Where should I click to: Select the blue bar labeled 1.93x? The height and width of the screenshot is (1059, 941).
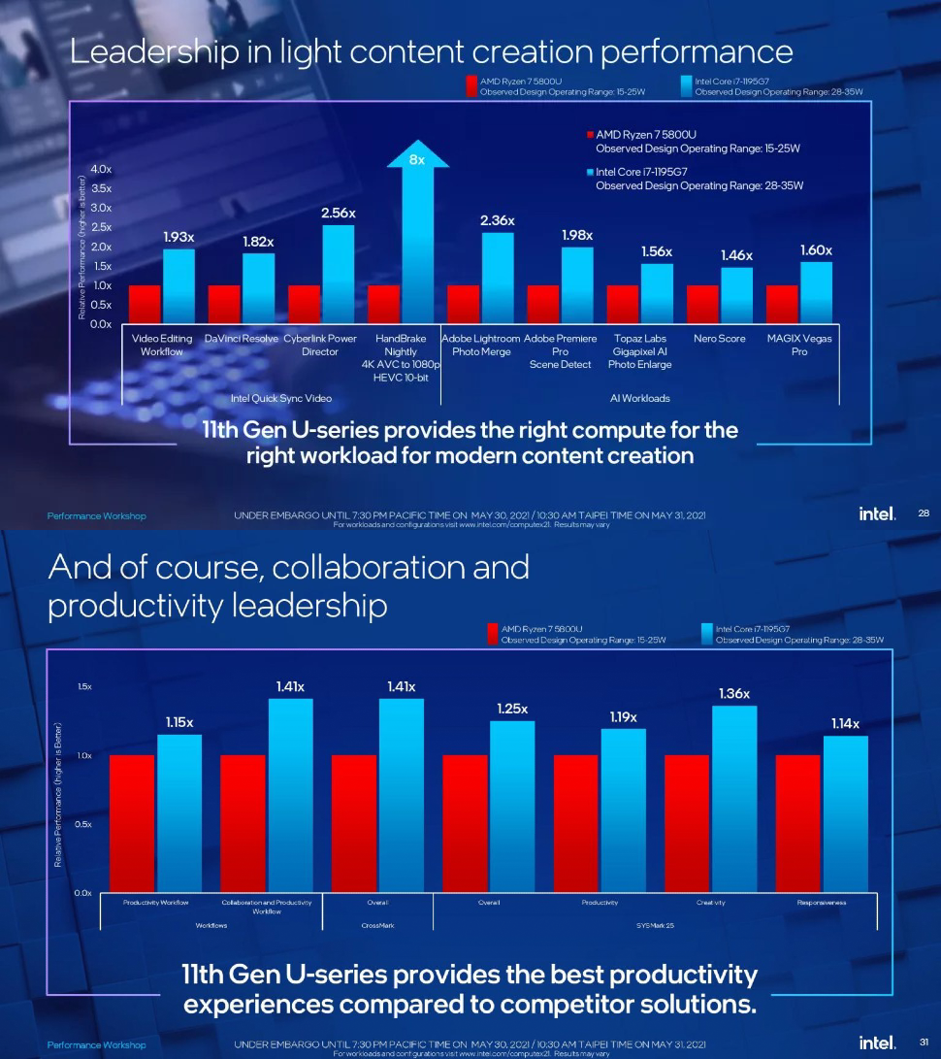(x=178, y=286)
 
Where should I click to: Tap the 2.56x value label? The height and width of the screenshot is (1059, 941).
(x=339, y=213)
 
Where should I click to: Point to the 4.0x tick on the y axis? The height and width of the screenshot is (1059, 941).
(x=100, y=169)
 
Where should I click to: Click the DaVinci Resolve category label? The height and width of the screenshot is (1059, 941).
(x=241, y=339)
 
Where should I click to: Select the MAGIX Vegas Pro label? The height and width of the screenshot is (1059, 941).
(x=799, y=345)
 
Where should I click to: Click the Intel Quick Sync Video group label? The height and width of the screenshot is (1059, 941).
(x=280, y=398)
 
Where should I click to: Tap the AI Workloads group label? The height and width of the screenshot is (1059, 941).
(x=639, y=398)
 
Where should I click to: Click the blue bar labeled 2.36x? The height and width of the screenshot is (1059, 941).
(x=498, y=278)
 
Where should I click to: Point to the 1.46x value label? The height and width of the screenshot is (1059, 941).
(x=736, y=254)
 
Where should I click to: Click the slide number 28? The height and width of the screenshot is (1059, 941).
(x=923, y=513)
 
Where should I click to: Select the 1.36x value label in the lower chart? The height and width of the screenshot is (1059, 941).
(x=733, y=693)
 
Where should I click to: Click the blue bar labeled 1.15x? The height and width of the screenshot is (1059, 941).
(x=179, y=813)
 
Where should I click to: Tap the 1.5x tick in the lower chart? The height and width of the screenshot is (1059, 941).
(x=84, y=686)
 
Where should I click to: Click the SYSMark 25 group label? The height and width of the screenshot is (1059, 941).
(x=655, y=925)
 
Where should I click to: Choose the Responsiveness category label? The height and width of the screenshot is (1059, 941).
(x=822, y=902)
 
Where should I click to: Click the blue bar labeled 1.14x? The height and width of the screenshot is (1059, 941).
(x=845, y=813)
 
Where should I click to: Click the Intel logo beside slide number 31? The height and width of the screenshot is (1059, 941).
(x=877, y=1042)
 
